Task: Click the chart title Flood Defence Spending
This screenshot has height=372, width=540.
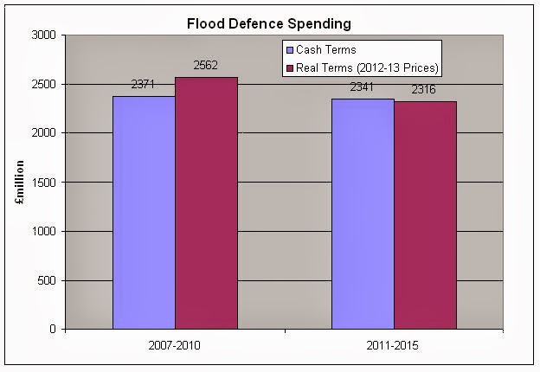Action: coord(270,22)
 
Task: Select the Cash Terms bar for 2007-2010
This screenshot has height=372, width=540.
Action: coord(144,212)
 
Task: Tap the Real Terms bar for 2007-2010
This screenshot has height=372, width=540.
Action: coord(206,203)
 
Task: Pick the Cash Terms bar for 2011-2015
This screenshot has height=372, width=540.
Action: coord(363,214)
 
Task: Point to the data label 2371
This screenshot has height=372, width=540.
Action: coord(144,87)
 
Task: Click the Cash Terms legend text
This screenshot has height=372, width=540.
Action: coord(328,50)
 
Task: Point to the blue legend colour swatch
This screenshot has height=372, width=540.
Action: coord(292,50)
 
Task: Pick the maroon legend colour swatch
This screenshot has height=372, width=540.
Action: coord(292,67)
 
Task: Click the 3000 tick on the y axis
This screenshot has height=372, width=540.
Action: coord(43,35)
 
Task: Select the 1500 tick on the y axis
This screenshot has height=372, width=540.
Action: coord(43,183)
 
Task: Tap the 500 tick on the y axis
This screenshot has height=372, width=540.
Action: coord(46,280)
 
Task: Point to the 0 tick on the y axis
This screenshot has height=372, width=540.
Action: coord(52,330)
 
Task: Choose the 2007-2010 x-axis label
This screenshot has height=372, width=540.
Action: coord(175,347)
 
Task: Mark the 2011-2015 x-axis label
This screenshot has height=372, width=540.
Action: coord(394,347)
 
